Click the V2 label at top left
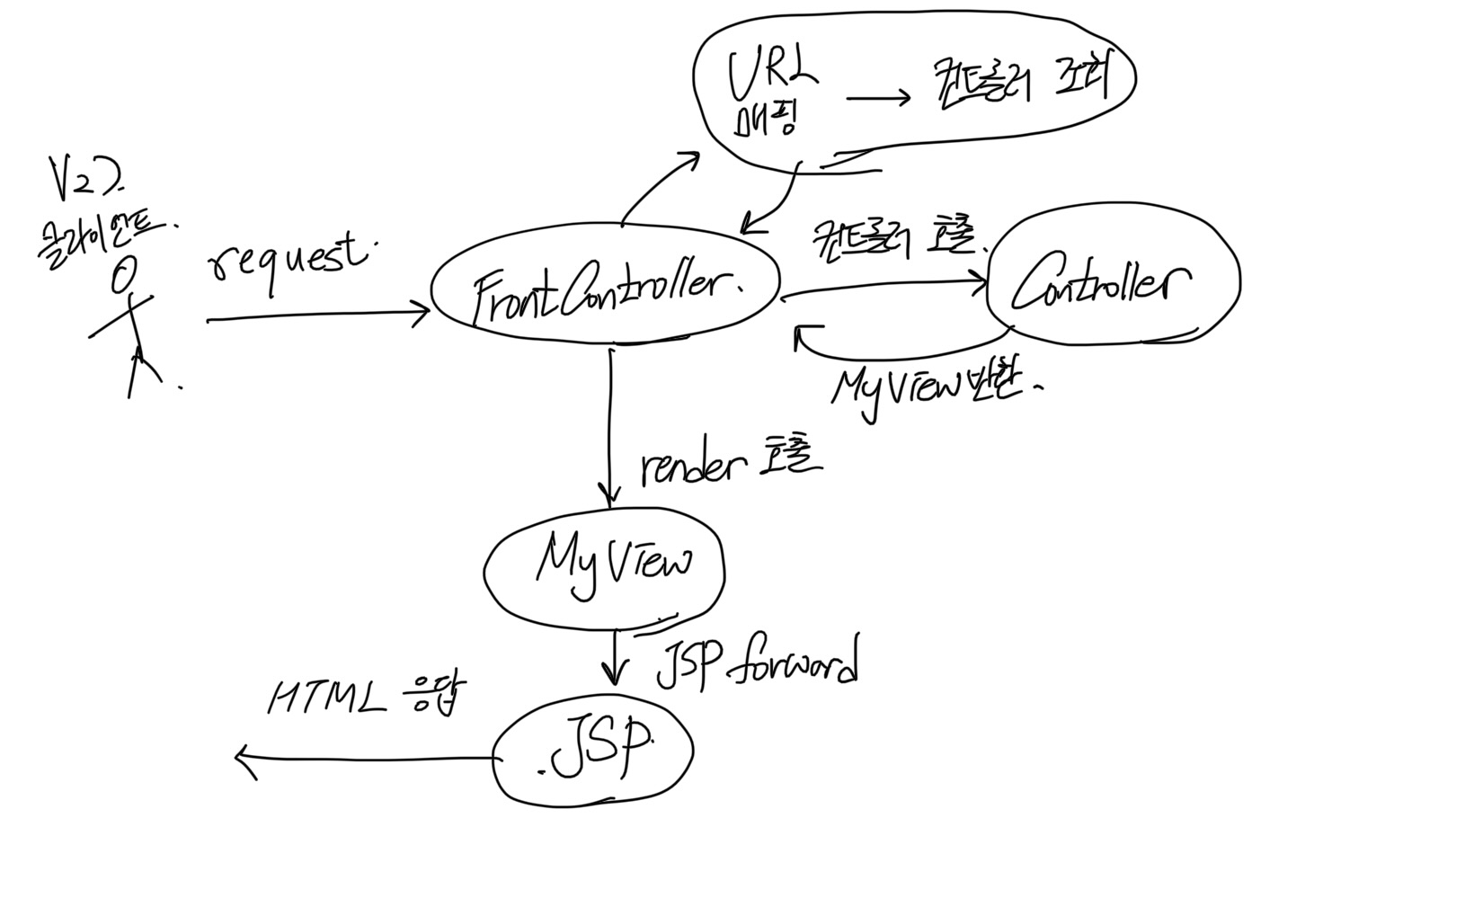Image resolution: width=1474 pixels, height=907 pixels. tap(85, 179)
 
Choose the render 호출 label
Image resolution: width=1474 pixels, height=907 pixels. tap(728, 462)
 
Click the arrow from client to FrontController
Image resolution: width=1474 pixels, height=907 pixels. tap(318, 316)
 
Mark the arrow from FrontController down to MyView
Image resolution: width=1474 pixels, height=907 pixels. tap(610, 422)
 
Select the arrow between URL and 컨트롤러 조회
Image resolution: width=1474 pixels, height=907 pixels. tap(877, 97)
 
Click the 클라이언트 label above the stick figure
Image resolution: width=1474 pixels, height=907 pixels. tap(102, 237)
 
